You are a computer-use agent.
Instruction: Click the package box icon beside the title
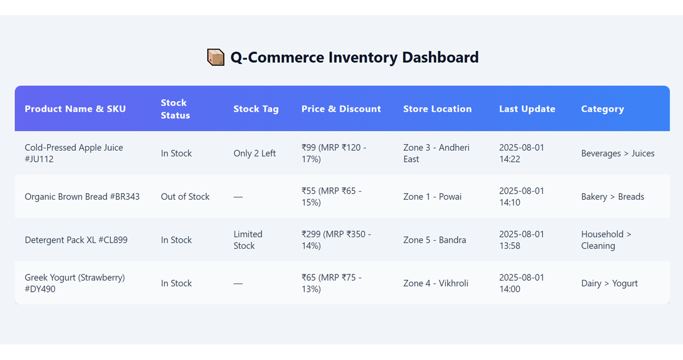215,57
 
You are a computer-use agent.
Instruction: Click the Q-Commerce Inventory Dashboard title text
354,57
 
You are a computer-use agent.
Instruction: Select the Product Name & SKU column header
75,109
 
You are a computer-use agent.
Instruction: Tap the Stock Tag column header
256,109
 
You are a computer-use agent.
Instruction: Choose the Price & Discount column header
341,109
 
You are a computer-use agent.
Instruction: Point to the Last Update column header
527,109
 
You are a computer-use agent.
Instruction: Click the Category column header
602,109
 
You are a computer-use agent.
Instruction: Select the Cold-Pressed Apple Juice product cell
74,153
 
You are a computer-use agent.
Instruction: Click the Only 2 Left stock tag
255,153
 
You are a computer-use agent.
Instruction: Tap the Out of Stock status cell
185,197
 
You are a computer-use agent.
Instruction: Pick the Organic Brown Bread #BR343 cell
82,197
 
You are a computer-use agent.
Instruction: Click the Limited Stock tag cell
248,240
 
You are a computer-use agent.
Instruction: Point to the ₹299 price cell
336,240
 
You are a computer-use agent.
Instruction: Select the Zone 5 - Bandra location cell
435,240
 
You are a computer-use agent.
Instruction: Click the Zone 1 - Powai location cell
432,197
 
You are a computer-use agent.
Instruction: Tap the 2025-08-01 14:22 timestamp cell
522,153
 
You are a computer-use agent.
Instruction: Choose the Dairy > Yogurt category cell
609,283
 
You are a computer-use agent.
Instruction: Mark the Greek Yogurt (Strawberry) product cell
75,283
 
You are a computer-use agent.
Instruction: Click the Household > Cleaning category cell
606,240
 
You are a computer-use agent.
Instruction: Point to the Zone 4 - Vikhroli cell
436,283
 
